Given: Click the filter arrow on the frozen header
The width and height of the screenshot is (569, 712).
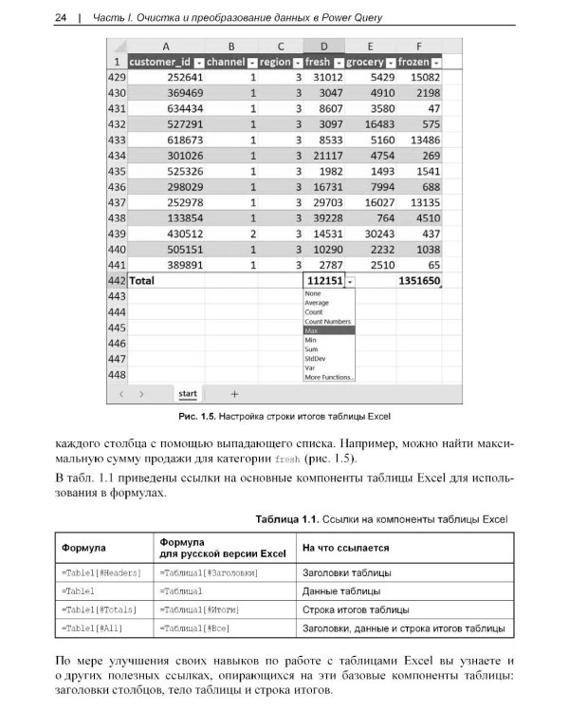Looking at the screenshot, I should [435, 62].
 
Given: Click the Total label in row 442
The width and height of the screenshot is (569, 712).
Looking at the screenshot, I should [141, 281].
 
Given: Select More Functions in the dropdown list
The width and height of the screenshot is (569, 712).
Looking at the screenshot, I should [328, 377].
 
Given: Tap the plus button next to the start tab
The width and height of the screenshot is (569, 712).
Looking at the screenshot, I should [234, 393].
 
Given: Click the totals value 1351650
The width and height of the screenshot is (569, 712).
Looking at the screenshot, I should [418, 281].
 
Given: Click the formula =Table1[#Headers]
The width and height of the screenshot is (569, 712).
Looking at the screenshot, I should [101, 572].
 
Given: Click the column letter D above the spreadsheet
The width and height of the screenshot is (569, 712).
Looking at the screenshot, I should [325, 46].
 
